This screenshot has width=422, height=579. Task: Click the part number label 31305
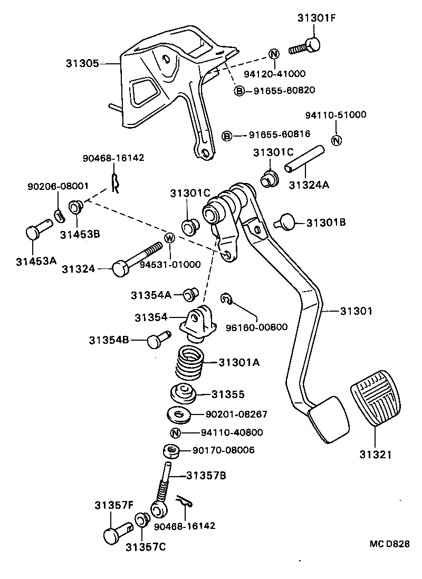tap(82, 63)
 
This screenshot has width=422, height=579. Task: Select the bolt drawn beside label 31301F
tap(305, 46)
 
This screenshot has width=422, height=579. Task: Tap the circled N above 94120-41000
tap(274, 53)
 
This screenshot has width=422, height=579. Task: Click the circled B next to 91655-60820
tap(239, 91)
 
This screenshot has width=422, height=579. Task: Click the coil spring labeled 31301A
tap(188, 362)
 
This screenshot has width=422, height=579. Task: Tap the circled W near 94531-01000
tap(170, 238)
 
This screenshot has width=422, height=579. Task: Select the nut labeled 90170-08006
tap(171, 451)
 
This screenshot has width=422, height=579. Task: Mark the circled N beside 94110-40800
tap(176, 433)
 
